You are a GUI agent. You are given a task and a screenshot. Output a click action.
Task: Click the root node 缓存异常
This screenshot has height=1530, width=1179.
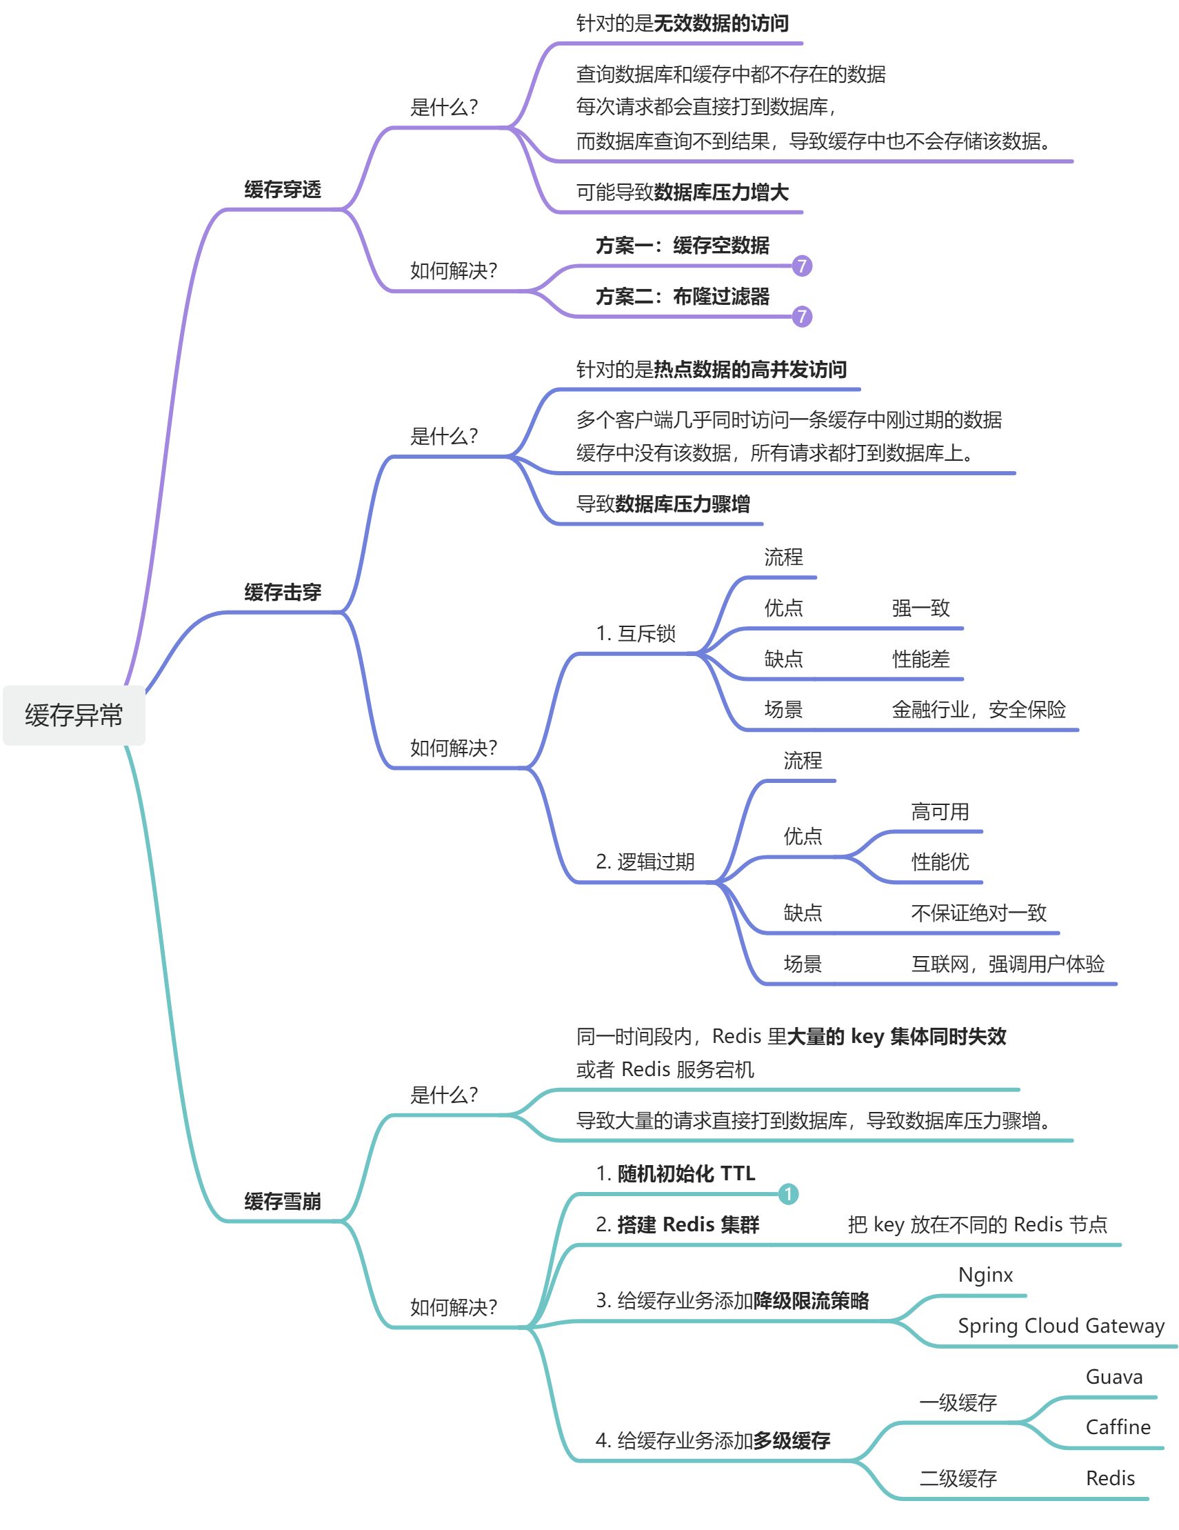coord(74,715)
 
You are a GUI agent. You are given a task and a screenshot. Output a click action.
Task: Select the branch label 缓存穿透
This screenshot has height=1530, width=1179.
coord(282,189)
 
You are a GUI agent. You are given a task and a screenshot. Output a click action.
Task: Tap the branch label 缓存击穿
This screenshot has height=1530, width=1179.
coord(282,592)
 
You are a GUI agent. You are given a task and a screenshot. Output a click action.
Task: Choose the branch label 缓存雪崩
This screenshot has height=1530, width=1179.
coord(282,1202)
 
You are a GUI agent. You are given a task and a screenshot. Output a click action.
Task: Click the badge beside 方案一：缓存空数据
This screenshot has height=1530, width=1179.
coord(802,266)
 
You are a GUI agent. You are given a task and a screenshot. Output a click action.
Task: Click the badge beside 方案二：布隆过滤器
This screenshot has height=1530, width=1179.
coord(802,317)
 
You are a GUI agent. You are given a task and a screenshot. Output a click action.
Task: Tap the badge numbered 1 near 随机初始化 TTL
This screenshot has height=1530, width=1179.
coord(788,1194)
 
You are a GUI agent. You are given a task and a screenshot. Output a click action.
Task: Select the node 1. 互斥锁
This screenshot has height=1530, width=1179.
coord(635,633)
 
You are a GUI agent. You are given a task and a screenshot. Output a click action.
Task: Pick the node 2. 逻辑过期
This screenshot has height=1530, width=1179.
coord(645,862)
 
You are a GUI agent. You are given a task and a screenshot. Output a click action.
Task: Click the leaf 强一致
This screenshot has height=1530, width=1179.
coord(920,608)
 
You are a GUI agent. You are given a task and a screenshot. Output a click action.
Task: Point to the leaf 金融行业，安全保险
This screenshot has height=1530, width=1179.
coord(978,710)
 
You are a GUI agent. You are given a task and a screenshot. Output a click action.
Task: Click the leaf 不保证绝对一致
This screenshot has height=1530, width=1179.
coord(978,913)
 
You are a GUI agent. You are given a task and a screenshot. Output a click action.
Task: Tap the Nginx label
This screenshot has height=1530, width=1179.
coord(985,1275)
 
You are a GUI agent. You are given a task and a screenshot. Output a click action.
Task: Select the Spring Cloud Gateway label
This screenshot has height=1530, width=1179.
coord(1060,1326)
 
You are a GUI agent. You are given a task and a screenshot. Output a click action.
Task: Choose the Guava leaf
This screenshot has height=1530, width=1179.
coord(1114,1378)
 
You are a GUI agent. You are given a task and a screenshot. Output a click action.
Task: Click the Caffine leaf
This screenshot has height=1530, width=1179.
coord(1118,1428)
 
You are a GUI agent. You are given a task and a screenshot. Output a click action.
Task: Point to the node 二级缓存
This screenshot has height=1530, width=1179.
coord(958,1479)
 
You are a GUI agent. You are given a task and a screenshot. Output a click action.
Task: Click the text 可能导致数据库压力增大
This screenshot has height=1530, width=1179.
coord(682,192)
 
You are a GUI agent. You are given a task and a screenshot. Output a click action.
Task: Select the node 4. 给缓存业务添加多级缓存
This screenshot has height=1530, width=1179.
coord(713,1440)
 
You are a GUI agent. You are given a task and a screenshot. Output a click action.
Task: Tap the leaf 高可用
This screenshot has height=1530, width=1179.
coord(940,812)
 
